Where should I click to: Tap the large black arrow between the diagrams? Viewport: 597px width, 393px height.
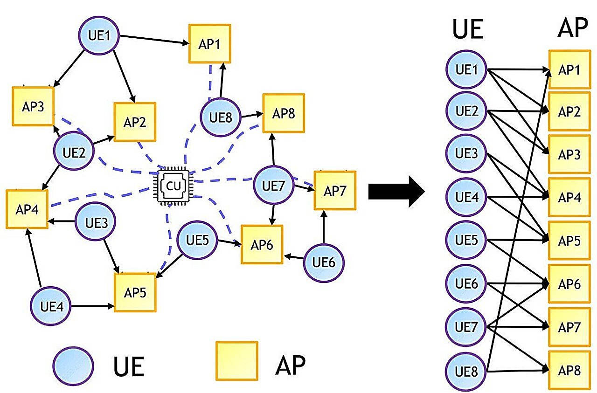click(x=396, y=191)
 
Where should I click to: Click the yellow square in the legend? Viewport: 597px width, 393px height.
click(x=236, y=362)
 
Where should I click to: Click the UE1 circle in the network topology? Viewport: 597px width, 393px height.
click(x=99, y=35)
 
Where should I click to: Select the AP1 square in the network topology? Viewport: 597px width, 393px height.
click(x=209, y=44)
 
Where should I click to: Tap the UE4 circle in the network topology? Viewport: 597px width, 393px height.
click(x=51, y=306)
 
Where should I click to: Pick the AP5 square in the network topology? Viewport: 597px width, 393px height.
click(x=135, y=292)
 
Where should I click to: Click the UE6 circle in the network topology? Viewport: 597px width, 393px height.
click(x=325, y=262)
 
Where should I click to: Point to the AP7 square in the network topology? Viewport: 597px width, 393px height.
click(x=335, y=190)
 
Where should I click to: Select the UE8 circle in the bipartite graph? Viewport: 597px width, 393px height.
click(x=466, y=371)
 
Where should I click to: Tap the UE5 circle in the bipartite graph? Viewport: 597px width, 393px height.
click(x=466, y=241)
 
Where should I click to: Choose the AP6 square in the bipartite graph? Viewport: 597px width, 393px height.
click(x=569, y=284)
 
